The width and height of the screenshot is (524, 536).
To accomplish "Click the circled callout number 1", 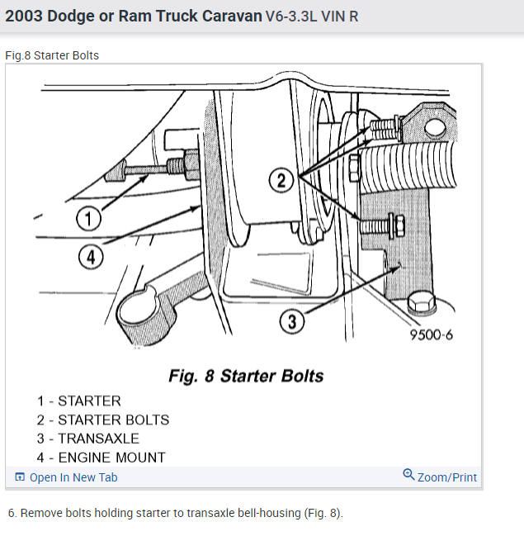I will tap(88, 219).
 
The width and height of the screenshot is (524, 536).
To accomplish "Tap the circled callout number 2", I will tap(281, 180).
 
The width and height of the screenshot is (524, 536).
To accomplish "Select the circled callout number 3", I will tap(291, 321).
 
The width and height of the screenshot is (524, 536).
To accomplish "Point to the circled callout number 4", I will tap(91, 258).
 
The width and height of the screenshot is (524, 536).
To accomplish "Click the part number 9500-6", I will tap(431, 334).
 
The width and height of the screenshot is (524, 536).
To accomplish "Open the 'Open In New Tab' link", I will tap(73, 477).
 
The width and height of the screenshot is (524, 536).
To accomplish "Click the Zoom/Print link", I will tap(446, 477).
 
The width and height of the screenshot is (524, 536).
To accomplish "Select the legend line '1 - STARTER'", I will tap(78, 401).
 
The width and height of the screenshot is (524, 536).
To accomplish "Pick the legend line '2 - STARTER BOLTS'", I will tap(102, 420).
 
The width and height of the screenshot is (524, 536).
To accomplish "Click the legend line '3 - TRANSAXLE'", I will tap(87, 439).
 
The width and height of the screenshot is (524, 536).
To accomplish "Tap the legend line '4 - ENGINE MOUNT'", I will tap(101, 458).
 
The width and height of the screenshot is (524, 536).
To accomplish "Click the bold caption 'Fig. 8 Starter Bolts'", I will tap(246, 377).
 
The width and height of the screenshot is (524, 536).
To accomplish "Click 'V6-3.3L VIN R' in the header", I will tap(312, 17).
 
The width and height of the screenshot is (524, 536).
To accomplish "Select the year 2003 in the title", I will tap(27, 16).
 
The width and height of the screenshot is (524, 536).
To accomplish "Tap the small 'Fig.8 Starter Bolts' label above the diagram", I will tap(52, 56).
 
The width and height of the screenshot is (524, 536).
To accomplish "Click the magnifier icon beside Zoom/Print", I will tap(408, 475).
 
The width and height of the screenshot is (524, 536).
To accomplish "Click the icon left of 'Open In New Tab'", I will tap(20, 477).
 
